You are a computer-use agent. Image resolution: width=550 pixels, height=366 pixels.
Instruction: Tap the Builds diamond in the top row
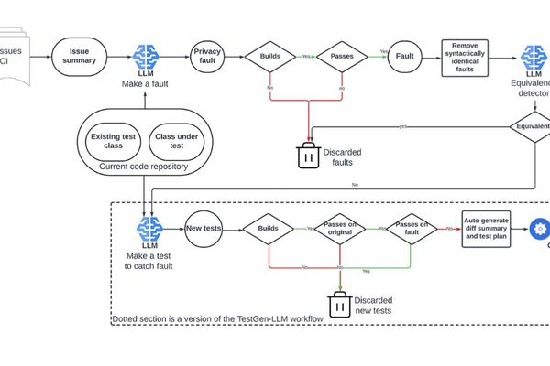(270, 56)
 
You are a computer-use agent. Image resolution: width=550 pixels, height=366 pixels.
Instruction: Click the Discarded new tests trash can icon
(339, 306)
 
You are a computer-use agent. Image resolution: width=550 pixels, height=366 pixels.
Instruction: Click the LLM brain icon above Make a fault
(148, 57)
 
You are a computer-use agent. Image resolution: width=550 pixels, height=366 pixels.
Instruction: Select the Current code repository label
(144, 166)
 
